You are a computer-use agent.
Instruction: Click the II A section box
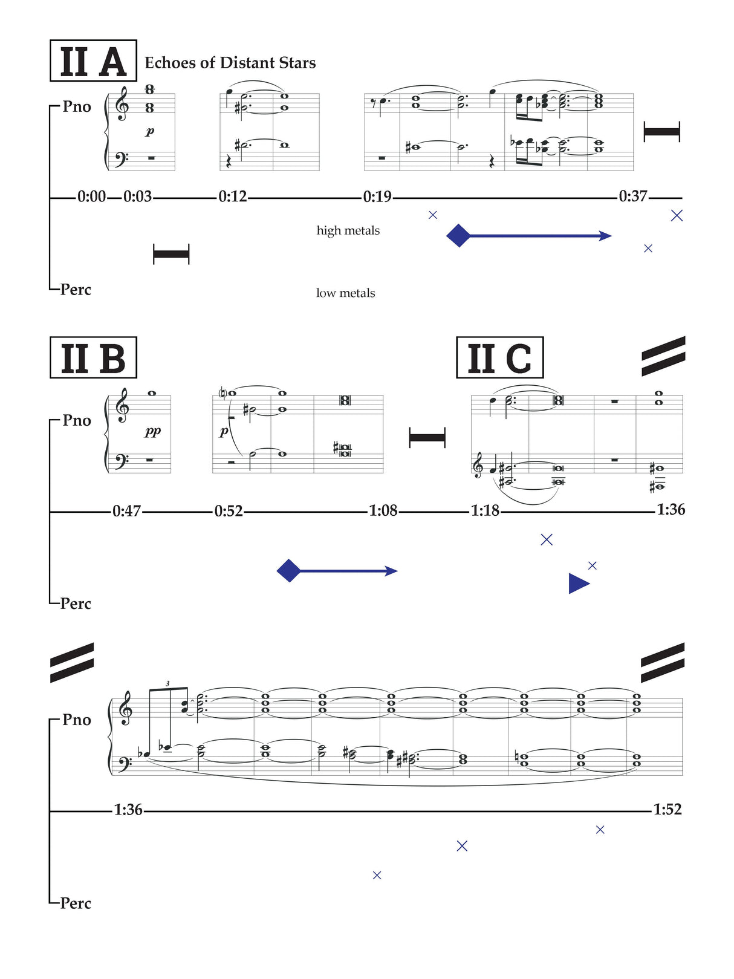[93, 61]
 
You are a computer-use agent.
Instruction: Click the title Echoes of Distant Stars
[230, 63]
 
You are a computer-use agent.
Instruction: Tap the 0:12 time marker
[233, 197]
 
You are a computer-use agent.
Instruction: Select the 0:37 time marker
[632, 197]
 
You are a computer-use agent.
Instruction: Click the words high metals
[348, 230]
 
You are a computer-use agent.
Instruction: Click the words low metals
[345, 293]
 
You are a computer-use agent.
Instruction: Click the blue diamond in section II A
[458, 235]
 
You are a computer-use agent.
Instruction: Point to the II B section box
[93, 358]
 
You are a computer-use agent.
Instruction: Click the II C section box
[499, 358]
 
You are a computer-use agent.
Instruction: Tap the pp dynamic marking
[152, 431]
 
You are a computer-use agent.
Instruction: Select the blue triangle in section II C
[577, 584]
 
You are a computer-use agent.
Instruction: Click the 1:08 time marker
[383, 511]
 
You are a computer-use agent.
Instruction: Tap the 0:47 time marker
[126, 512]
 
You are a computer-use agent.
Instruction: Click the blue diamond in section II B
[288, 570]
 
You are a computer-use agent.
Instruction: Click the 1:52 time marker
[667, 809]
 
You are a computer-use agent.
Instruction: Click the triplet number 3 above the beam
[167, 683]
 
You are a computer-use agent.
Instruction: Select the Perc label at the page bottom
[76, 903]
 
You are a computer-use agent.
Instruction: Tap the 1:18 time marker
[485, 511]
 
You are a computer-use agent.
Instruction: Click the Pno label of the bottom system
[77, 720]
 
